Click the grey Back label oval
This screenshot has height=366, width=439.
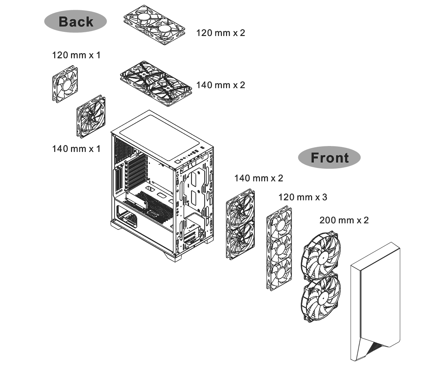tap(75, 21)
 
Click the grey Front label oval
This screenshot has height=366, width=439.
tap(329, 157)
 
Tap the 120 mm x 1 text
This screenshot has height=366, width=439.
tap(76, 55)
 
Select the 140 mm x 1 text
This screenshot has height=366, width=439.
tap(76, 149)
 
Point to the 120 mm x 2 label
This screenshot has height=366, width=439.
tap(221, 33)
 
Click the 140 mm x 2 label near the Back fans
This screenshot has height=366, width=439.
tap(221, 85)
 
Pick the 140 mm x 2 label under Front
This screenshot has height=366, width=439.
tap(259, 178)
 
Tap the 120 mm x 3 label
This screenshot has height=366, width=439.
tap(303, 197)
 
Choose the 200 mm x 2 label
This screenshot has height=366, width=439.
tap(344, 221)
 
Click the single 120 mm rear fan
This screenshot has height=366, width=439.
tap(65, 84)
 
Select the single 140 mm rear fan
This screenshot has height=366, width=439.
tap(91, 116)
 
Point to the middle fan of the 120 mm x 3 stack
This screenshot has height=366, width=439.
tap(279, 248)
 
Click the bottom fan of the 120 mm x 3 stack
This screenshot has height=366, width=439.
tap(279, 273)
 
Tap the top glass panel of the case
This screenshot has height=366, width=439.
tap(159, 137)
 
